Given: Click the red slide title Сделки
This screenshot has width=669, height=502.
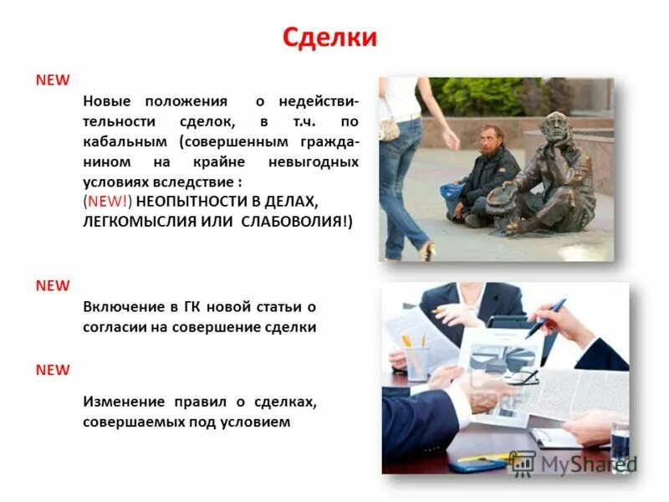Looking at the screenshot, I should (329, 38).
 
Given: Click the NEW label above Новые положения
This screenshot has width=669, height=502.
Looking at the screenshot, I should (52, 79).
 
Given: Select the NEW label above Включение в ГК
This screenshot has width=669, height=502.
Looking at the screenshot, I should (52, 285).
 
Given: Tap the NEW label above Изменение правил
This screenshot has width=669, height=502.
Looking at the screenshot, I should (52, 369).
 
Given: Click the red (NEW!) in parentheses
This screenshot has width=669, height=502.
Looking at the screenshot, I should (108, 202).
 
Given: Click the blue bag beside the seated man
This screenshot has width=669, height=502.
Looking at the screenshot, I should (452, 192).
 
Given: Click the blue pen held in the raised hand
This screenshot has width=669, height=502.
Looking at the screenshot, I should (544, 319).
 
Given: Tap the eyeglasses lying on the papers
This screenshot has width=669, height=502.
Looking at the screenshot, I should (519, 377).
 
